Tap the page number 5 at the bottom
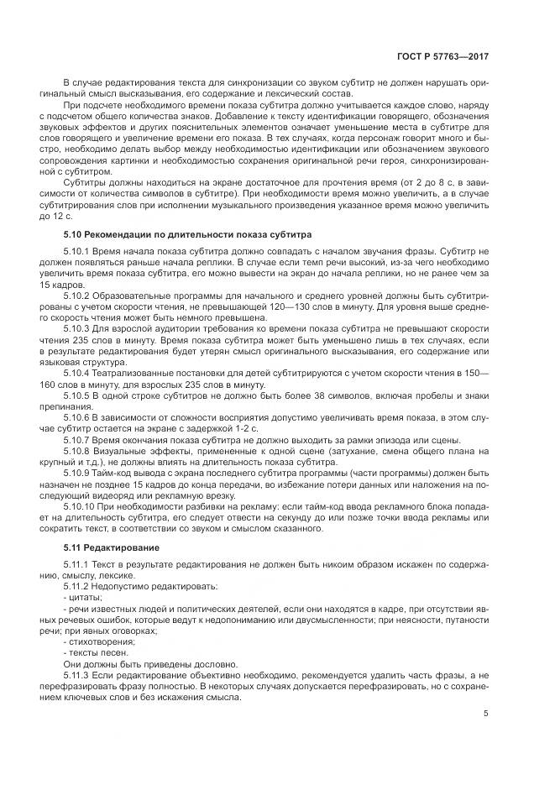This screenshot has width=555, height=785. pyautogui.click(x=486, y=714)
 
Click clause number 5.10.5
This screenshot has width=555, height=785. pyautogui.click(x=77, y=370)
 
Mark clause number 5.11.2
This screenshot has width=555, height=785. pyautogui.click(x=77, y=587)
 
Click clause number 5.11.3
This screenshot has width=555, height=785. pyautogui.click(x=77, y=675)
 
